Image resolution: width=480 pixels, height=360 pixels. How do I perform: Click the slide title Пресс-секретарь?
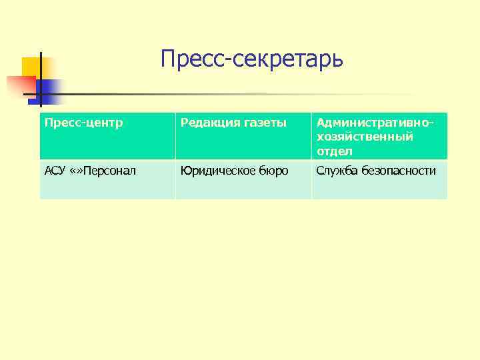pos(252,59)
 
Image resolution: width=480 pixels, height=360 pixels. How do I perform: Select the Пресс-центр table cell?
pos(107,136)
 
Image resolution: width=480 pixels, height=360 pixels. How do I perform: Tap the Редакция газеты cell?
pos(243,136)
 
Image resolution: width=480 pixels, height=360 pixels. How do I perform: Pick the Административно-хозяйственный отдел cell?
pos(379,136)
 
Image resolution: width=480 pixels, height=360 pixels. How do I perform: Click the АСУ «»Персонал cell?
pos(107,179)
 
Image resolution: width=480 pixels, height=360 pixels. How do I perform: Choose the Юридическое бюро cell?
pos(243,179)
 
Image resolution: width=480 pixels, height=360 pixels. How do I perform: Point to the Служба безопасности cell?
pos(379,179)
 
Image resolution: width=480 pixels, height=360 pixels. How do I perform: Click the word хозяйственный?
pos(365,137)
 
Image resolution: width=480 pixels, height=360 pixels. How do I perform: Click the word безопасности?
pos(399,171)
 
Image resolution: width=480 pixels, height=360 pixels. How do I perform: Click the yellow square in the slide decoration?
pos(33,67)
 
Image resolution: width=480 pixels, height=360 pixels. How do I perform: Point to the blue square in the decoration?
pos(50,90)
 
